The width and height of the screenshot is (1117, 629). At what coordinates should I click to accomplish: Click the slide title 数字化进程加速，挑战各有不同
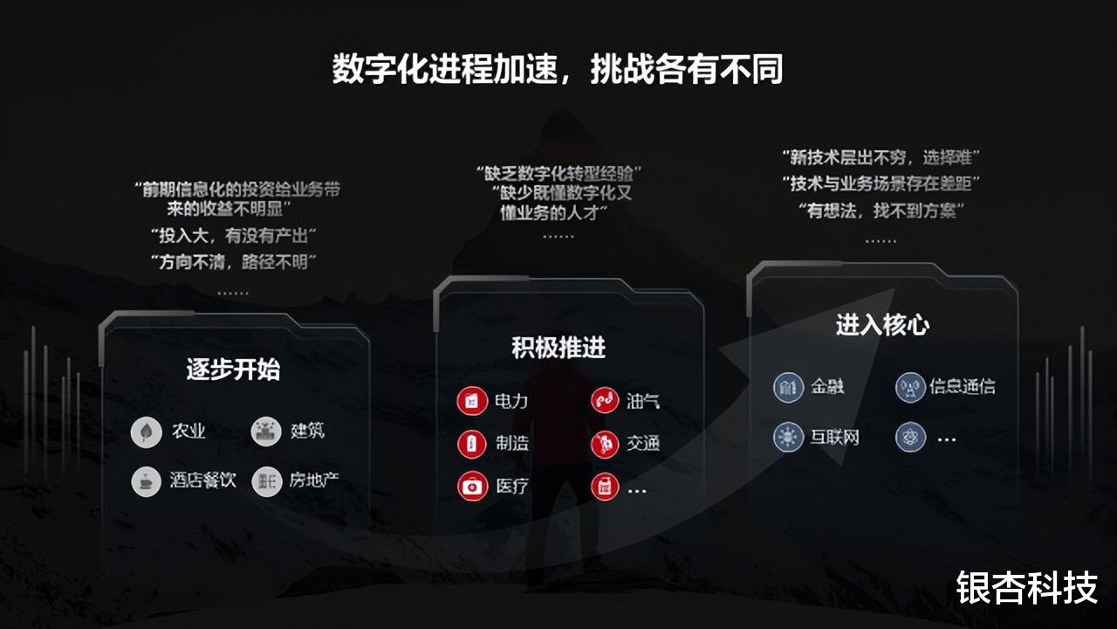click(558, 69)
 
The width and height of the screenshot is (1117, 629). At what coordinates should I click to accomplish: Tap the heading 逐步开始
click(233, 370)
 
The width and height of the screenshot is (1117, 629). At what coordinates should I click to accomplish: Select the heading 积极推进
click(558, 348)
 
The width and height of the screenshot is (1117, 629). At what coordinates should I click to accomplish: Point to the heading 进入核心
click(882, 325)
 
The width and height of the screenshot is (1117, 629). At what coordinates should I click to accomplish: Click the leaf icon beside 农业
click(146, 432)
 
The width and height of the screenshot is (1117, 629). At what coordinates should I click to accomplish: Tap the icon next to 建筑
click(266, 432)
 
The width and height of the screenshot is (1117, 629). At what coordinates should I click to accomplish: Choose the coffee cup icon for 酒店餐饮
click(146, 481)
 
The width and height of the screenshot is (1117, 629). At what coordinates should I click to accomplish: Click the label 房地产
click(314, 480)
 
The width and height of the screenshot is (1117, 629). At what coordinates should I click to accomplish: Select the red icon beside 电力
click(472, 402)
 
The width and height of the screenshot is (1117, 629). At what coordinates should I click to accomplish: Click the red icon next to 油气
click(605, 402)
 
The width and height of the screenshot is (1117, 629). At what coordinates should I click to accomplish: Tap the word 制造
click(512, 443)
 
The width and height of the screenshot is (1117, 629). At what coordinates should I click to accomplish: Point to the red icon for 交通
click(605, 444)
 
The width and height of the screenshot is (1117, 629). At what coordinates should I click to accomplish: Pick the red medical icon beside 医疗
click(472, 486)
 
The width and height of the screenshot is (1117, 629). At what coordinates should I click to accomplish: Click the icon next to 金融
click(788, 387)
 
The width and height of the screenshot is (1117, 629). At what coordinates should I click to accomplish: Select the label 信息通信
click(962, 386)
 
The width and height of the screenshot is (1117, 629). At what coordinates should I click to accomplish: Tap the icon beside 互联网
click(788, 437)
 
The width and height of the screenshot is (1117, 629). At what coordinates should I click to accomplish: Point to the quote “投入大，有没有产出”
click(233, 235)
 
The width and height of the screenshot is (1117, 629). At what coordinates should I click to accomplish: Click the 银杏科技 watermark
click(1026, 588)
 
